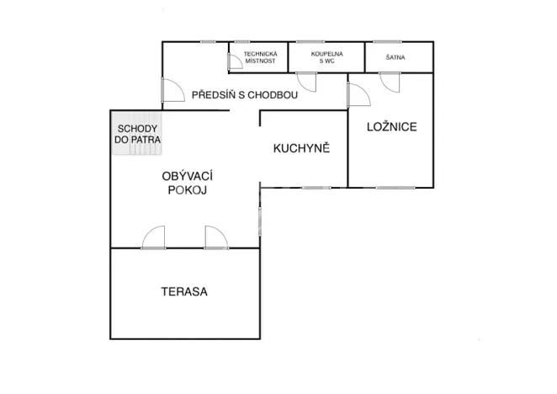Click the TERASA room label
(x=184, y=292)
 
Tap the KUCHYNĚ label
(x=301, y=148)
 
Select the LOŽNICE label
(x=392, y=127)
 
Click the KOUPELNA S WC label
(x=326, y=57)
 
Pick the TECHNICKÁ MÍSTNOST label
(x=260, y=57)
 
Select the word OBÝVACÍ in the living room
(x=186, y=175)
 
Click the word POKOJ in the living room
(x=186, y=190)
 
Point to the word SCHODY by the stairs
(x=136, y=127)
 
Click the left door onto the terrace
(x=154, y=238)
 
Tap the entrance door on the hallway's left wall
(x=172, y=90)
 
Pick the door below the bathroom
(x=305, y=83)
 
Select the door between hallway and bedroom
(x=356, y=95)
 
